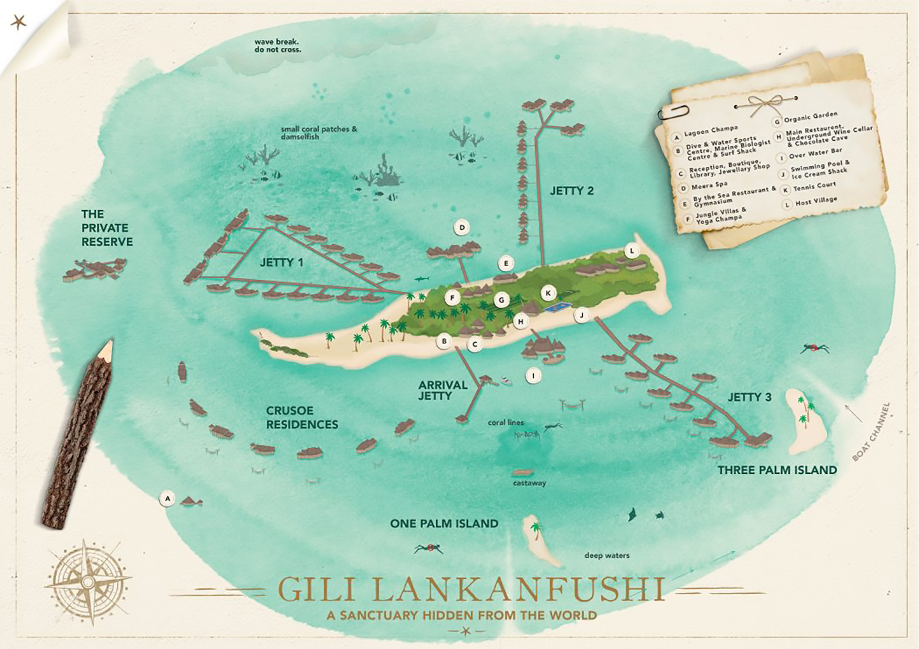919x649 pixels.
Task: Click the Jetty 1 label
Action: point(281,263)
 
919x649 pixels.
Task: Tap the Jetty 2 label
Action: point(572,191)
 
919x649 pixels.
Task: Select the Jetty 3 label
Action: point(749,397)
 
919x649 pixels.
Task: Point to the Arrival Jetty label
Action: point(436,390)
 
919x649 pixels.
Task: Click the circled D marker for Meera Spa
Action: point(462,228)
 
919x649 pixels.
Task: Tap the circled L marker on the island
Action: point(632,251)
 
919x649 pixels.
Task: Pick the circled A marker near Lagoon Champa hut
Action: point(168,498)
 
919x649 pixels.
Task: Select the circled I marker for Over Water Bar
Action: point(533,375)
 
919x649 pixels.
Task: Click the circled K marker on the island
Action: point(548,293)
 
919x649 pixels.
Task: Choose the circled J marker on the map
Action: point(581,316)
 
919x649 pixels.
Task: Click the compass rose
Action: point(87,583)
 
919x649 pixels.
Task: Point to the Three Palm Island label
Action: point(777,470)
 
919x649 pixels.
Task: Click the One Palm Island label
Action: point(444,524)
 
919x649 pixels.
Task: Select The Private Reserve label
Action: point(107,228)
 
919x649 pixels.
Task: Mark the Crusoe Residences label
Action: point(302,417)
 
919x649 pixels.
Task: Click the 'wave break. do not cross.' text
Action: point(278,46)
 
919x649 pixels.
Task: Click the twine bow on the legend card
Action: point(764,103)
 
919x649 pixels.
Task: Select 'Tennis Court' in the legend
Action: point(815,187)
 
